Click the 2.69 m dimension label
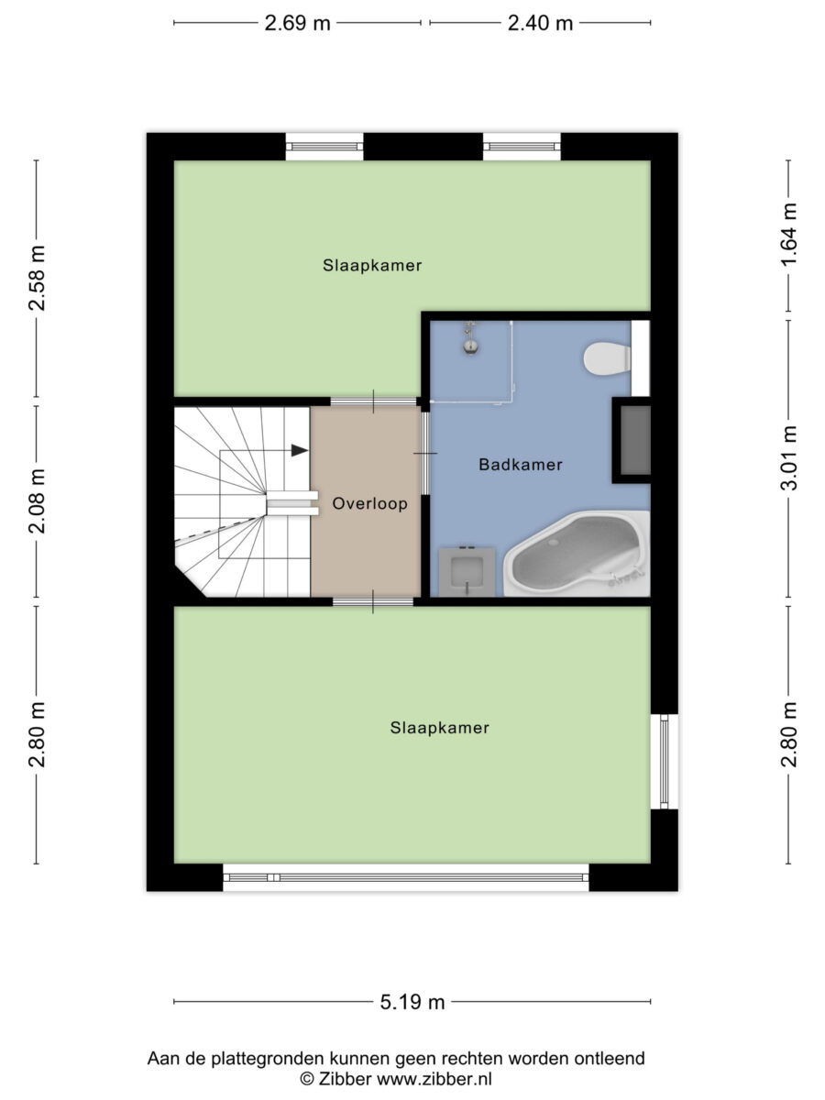pos(297,23)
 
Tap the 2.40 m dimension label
pos(540,23)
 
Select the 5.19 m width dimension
pos(412,1002)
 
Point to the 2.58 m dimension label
pos(37,278)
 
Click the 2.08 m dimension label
pos(37,501)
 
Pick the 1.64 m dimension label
pos(790,235)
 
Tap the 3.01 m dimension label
pos(790,457)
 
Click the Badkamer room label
pos(521,465)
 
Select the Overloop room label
pos(370,503)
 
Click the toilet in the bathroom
pos(607,358)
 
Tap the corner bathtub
pos(577,554)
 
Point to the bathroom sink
pos(467,572)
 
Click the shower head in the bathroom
pos(470,339)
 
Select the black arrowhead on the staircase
pos(300,450)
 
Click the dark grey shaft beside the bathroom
pos(635,440)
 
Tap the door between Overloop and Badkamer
pos(425,454)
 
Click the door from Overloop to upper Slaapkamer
pos(373,401)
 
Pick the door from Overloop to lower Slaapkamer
pos(373,601)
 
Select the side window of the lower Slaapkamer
pos(665,761)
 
